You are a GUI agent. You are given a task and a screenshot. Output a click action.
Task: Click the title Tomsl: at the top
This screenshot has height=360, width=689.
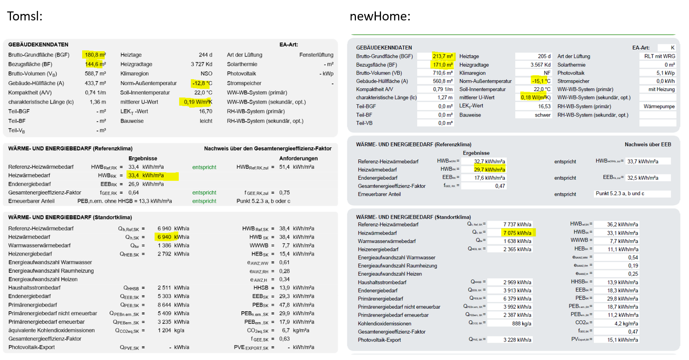(25, 16)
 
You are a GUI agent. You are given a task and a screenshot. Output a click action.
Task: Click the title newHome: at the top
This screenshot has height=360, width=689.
(380, 16)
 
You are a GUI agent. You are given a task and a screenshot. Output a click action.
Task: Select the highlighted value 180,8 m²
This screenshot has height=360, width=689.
(95, 55)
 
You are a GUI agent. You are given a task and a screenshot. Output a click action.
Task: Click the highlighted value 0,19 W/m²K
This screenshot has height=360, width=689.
(198, 102)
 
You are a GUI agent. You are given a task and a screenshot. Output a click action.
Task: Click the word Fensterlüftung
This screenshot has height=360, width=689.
(316, 55)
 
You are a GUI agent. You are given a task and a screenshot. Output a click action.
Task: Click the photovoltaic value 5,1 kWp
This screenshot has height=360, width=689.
(666, 73)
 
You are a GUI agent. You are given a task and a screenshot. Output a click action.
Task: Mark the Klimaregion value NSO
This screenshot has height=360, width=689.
(206, 74)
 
